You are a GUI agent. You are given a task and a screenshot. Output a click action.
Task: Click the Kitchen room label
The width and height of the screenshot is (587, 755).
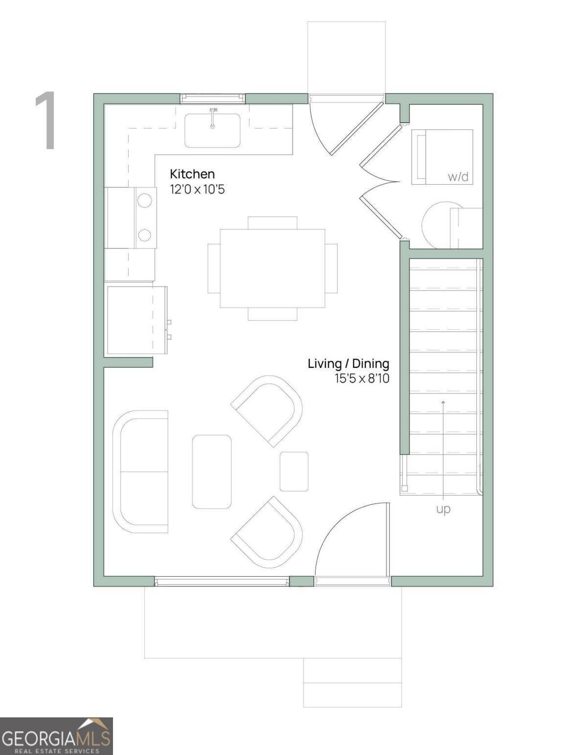192,174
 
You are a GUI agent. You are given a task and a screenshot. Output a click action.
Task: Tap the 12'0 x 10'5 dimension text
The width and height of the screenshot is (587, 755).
197,190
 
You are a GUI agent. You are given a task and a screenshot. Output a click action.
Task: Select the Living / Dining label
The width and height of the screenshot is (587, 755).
348,364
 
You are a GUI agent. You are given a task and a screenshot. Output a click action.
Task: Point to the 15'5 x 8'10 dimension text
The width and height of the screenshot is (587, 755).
362,378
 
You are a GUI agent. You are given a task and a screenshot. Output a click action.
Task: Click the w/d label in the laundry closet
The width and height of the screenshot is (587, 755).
458,176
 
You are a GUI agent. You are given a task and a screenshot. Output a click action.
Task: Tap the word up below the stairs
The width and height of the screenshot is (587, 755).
443,509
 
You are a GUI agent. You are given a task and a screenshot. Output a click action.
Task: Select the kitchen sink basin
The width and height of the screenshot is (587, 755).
212,130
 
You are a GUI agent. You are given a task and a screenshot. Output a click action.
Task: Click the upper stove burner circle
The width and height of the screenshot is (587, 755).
144,200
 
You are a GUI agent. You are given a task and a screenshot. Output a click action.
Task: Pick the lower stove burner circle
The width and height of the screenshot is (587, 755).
144,236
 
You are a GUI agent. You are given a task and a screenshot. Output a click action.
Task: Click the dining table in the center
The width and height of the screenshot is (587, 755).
272,268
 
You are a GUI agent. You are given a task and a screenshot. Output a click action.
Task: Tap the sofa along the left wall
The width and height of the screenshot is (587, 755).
140,472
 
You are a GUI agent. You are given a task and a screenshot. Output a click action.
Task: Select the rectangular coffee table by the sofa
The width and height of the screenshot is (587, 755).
212,472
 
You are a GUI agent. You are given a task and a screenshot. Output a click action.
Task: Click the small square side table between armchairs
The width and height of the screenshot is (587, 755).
294,472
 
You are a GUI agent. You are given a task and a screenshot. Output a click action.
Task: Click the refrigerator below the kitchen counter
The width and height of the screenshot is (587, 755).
136,320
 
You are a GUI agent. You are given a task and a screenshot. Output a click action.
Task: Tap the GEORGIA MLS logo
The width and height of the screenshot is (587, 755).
56,736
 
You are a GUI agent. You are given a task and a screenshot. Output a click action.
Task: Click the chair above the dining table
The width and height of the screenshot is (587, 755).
272,222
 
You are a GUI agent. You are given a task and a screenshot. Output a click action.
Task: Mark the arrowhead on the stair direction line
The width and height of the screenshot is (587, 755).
443,402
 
